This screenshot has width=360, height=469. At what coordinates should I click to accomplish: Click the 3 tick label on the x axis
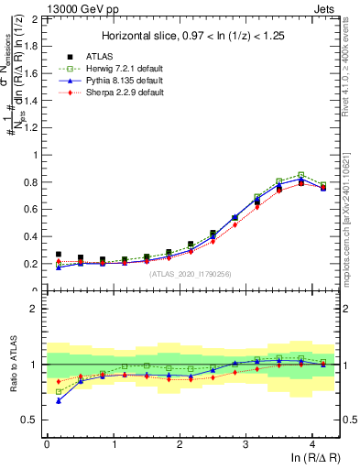point(246,443)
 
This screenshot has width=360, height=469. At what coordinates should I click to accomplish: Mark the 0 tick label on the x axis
point(47,443)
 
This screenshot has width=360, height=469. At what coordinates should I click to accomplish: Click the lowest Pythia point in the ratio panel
point(59,400)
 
